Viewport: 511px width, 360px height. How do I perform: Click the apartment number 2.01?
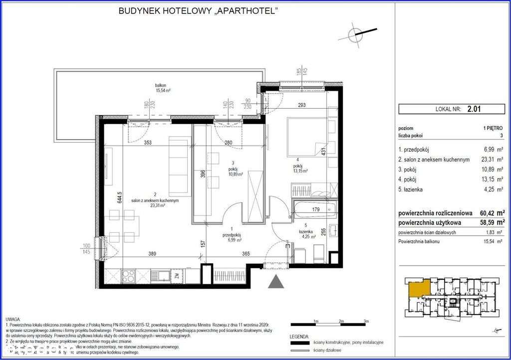[x=473, y=107]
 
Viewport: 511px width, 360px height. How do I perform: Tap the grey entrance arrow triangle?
[x=274, y=282]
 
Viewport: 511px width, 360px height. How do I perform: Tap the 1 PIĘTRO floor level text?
[x=493, y=128]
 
